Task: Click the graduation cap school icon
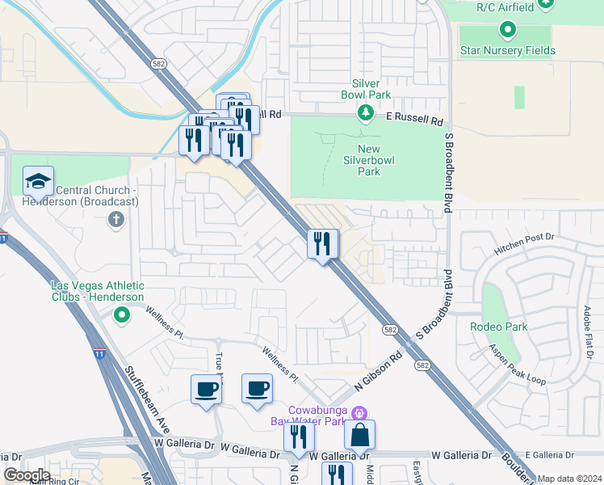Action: (x=38, y=182)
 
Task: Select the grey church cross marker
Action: (x=116, y=219)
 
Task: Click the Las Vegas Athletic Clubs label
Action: (x=97, y=292)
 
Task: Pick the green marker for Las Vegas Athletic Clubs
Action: (x=122, y=314)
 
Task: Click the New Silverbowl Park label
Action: (x=368, y=160)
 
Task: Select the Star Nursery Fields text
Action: (x=507, y=51)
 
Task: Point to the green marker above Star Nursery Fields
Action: (x=507, y=31)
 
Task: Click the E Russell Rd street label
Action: (x=415, y=119)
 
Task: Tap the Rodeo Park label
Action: (x=498, y=327)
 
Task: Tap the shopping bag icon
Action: (x=359, y=435)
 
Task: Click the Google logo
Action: (x=27, y=474)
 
